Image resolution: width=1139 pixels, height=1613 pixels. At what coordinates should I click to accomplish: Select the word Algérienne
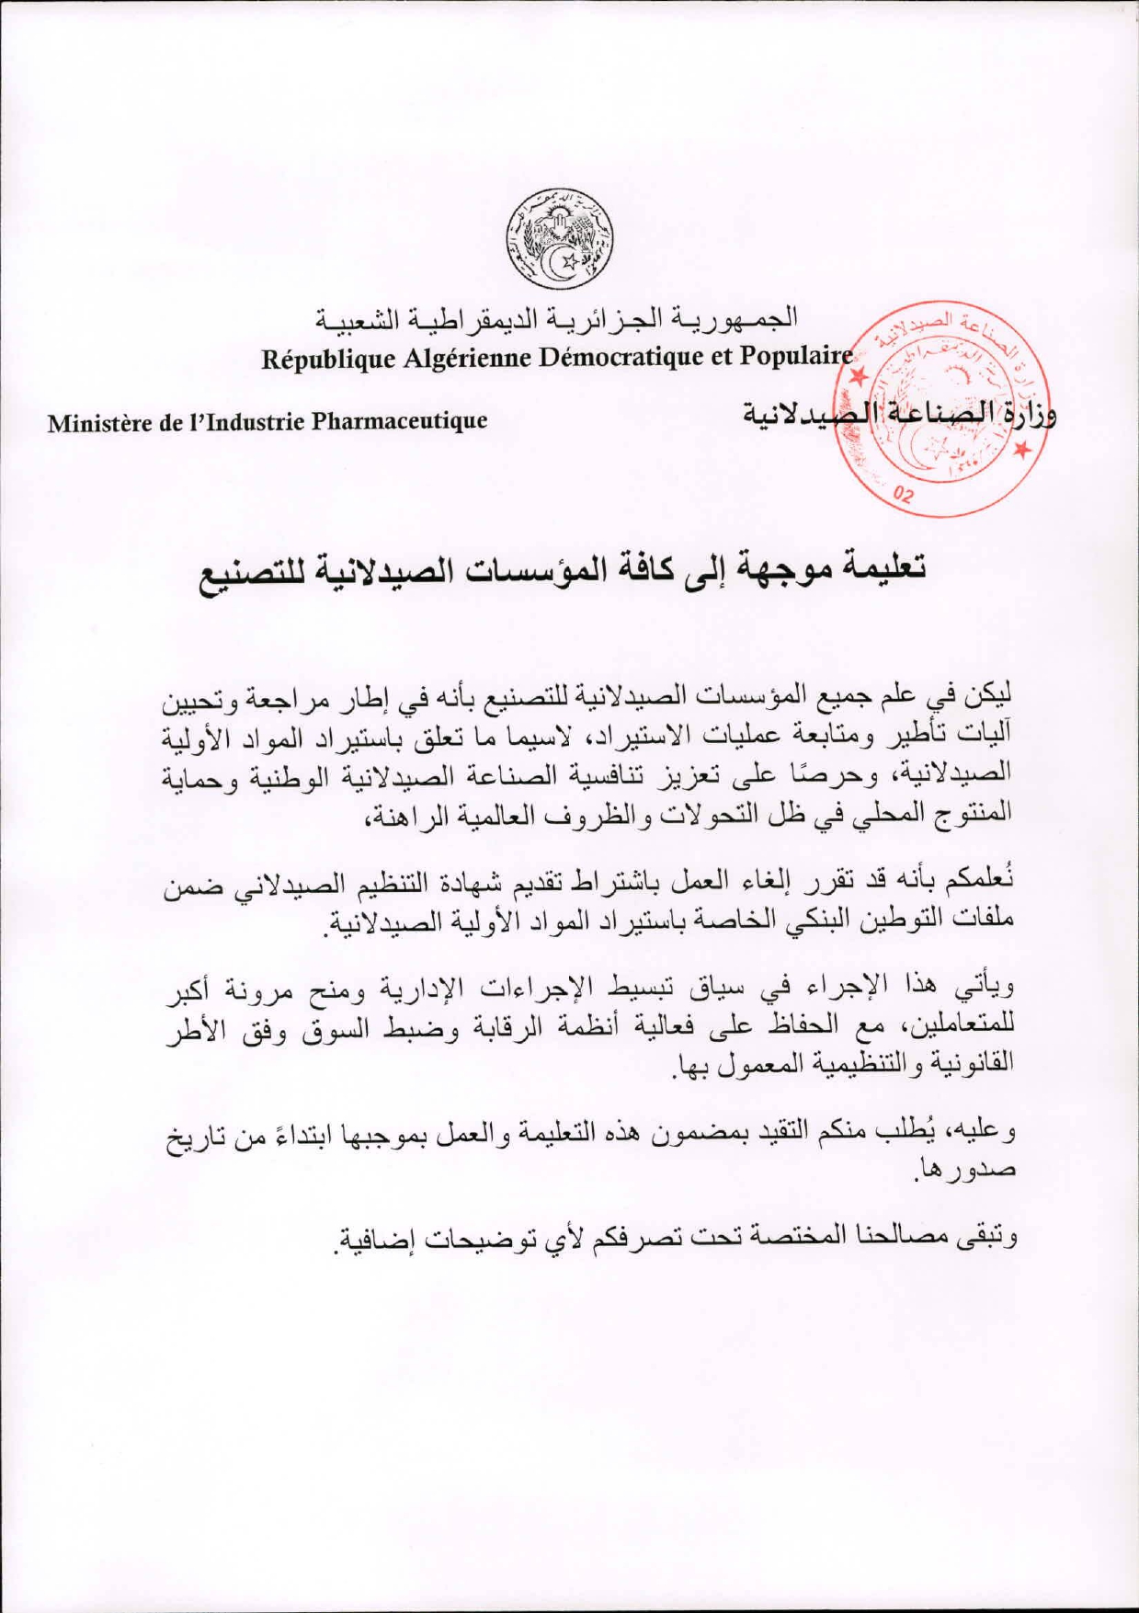click(466, 358)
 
